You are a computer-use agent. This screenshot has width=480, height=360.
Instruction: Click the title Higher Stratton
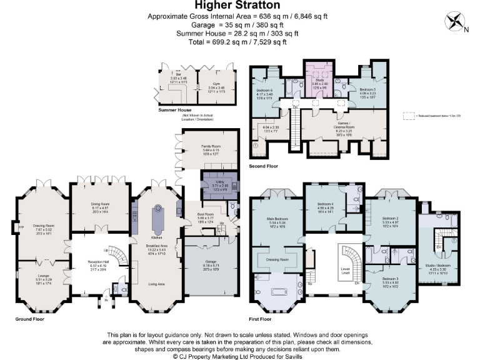pos(239,6)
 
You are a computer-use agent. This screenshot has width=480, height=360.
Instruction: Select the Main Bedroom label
pos(276,219)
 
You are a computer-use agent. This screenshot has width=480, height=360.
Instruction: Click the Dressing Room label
pos(276,259)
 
